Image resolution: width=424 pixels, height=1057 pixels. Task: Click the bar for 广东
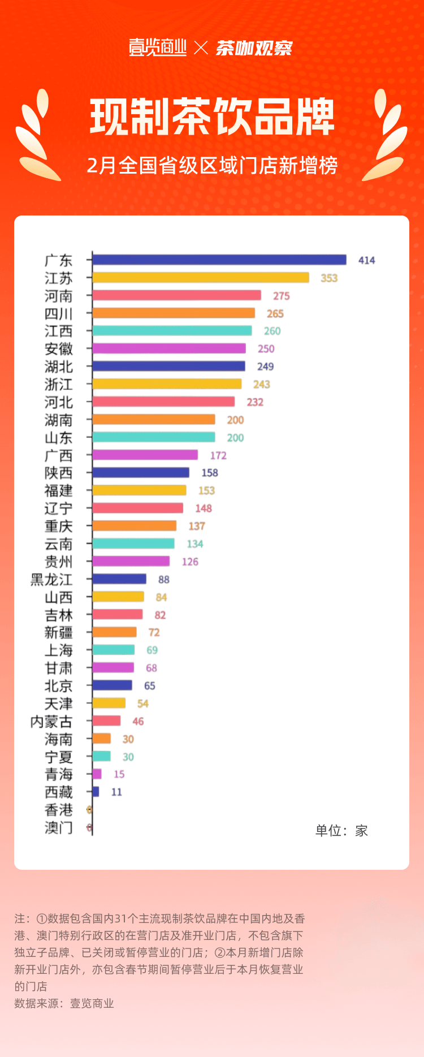[219, 260]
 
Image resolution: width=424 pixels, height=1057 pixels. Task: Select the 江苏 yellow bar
[201, 278]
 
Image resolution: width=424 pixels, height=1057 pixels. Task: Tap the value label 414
[366, 260]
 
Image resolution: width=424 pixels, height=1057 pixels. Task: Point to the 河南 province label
[58, 296]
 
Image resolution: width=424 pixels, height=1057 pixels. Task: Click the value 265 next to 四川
[275, 313]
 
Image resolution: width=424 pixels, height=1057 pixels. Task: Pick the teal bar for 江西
[172, 331]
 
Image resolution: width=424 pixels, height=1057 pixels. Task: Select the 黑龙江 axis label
[51, 579]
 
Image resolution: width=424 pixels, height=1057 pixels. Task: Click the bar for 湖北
[169, 366]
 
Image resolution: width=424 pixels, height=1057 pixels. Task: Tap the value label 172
[218, 455]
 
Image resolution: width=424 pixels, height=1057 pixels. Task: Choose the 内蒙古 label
[51, 721]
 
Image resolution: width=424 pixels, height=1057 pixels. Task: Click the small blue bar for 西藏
[96, 792]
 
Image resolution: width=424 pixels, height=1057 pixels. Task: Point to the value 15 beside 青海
[119, 774]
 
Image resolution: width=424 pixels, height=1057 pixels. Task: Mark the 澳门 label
[58, 827]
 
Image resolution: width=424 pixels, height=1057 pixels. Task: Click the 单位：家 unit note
[341, 830]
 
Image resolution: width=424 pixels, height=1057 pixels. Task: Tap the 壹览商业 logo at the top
[158, 48]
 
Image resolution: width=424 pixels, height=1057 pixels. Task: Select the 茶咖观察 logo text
[254, 48]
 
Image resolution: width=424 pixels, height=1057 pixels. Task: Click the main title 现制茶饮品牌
[212, 118]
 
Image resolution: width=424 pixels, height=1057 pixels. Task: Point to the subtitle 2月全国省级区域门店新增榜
[212, 166]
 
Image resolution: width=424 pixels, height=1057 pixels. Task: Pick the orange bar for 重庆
[135, 526]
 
